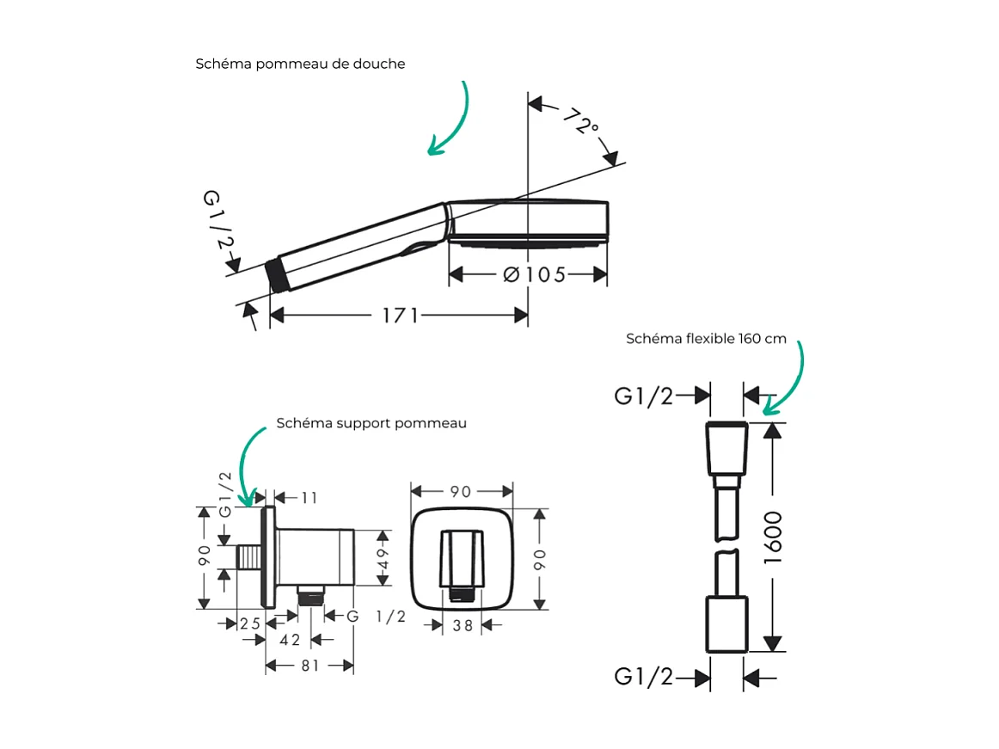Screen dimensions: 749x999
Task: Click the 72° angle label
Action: click(x=581, y=122)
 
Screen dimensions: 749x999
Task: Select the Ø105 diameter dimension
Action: click(x=534, y=274)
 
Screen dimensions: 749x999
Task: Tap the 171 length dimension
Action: click(x=400, y=316)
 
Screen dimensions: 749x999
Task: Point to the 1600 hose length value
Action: click(x=773, y=537)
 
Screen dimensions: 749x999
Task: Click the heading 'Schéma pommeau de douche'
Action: click(x=300, y=64)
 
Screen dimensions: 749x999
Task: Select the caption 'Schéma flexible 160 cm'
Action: click(x=706, y=338)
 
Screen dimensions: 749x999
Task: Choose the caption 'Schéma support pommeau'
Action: click(x=371, y=423)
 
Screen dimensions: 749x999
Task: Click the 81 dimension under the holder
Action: click(x=310, y=666)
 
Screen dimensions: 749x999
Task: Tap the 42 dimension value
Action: click(x=291, y=640)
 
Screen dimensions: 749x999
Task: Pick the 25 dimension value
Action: click(x=250, y=623)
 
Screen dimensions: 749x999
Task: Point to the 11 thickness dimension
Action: click(x=310, y=497)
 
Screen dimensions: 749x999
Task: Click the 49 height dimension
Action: click(x=383, y=558)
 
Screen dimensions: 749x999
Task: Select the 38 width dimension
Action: click(x=463, y=626)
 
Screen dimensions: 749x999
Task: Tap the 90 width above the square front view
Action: click(x=461, y=492)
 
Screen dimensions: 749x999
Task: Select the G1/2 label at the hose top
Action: click(x=644, y=396)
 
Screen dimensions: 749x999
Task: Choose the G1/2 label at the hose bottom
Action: click(x=644, y=677)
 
